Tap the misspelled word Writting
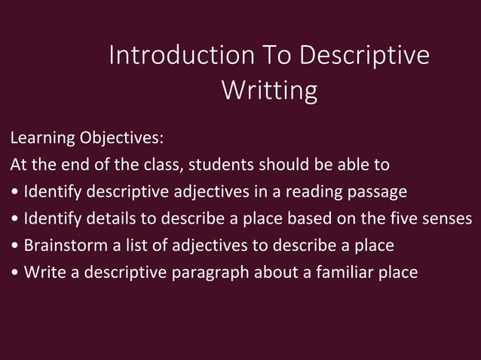[x=269, y=90]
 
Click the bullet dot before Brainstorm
[x=15, y=246]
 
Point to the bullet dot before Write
[x=15, y=273]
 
